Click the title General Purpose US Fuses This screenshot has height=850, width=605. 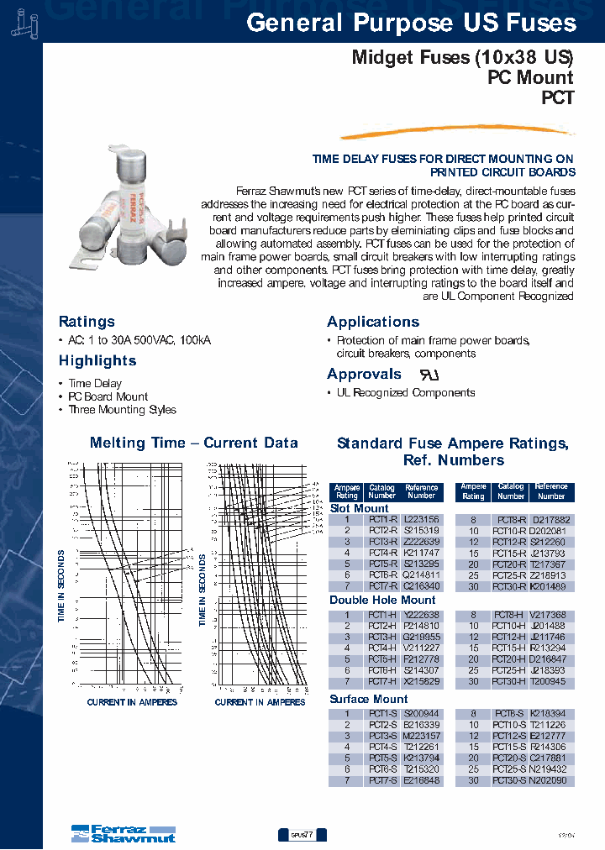click(411, 24)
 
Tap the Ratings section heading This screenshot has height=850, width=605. click(87, 322)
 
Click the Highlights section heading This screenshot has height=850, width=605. click(97, 360)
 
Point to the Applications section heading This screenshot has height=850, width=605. click(373, 322)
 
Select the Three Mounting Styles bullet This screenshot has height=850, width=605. click(122, 410)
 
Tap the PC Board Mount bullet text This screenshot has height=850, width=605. click(108, 396)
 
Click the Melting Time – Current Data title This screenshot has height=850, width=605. click(193, 443)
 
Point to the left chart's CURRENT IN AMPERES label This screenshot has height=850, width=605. click(132, 702)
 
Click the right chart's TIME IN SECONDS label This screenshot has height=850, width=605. click(203, 587)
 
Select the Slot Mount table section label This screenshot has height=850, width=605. click(359, 508)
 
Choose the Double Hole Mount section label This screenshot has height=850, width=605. click(382, 601)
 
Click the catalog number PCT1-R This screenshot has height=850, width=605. click(382, 520)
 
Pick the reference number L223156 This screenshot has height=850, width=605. click(421, 520)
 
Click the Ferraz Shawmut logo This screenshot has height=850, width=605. click(123, 833)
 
